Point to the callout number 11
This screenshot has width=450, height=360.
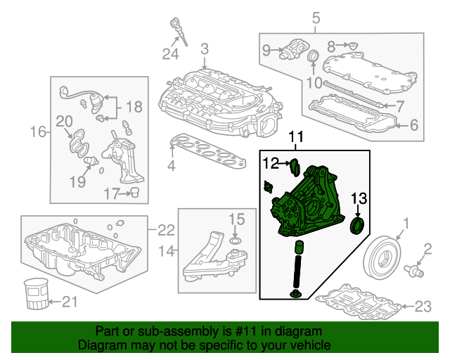click(296, 136)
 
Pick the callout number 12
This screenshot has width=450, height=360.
click(271, 164)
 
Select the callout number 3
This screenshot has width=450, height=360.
click(204, 49)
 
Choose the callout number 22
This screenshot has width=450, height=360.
click(165, 230)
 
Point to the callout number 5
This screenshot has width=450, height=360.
click(315, 17)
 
